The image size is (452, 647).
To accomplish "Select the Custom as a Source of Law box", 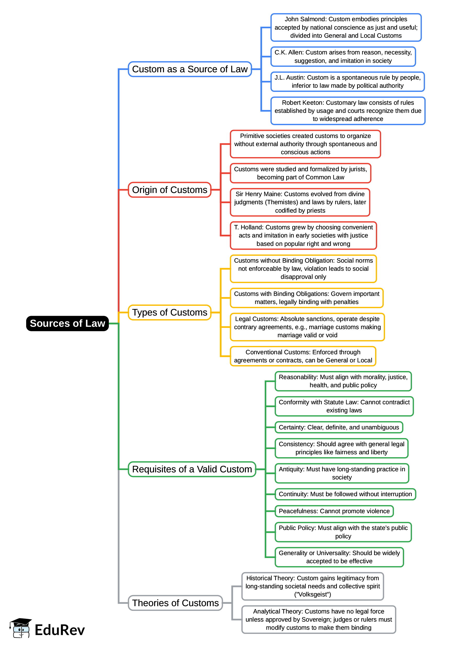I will click(x=190, y=69).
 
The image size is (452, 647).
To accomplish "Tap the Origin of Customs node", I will click(x=169, y=190).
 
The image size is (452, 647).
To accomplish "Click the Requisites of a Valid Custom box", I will click(x=192, y=469).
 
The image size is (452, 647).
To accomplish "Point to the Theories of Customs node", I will click(x=175, y=603).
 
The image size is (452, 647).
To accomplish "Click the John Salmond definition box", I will click(x=346, y=27).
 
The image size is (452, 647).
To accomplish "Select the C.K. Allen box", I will click(x=343, y=57).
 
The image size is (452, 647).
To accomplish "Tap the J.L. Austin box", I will click(x=347, y=82).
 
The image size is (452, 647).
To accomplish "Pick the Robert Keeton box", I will click(x=348, y=111).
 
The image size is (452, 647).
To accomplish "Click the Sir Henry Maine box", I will click(x=300, y=202).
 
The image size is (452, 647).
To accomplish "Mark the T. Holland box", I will click(x=303, y=235).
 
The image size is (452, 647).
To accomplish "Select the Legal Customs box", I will click(x=307, y=327).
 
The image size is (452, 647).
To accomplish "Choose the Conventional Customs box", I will click(x=303, y=356).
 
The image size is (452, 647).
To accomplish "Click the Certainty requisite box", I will click(x=338, y=427).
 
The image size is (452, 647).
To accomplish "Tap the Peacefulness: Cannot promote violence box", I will click(x=334, y=511).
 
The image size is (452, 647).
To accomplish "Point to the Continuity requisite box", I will click(x=345, y=494).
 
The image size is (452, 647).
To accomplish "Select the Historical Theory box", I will click(x=312, y=586).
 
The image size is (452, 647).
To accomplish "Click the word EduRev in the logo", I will click(x=60, y=630).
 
